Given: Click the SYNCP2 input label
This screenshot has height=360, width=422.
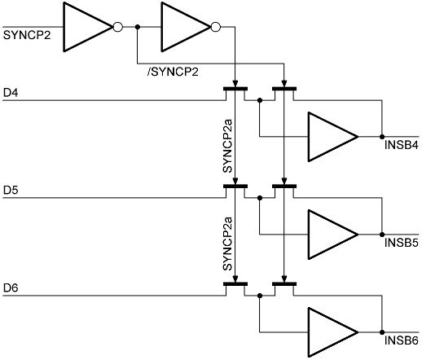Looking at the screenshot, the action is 27,35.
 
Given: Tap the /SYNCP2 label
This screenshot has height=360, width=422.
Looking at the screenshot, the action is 173,72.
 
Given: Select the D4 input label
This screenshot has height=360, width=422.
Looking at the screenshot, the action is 11,93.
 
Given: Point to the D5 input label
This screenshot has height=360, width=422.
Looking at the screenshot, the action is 11,191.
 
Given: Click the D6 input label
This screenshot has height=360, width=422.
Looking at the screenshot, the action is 11,288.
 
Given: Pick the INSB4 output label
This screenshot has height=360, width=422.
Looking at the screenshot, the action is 402,145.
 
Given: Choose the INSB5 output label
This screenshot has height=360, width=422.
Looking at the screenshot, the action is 402,243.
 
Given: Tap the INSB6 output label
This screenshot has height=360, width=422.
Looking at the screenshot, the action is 402,340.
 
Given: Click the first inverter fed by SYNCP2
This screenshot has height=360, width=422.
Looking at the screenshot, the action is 87,27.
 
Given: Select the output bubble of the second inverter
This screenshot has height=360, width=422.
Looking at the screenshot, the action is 216,27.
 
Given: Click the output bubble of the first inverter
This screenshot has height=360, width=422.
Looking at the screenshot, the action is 118,27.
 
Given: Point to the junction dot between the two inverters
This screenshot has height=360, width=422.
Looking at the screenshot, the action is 138,27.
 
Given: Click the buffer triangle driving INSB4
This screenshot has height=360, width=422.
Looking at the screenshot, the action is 332,137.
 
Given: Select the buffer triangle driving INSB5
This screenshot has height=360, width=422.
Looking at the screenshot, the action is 332,235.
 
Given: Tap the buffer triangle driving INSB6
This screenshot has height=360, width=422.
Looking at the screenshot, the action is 332,332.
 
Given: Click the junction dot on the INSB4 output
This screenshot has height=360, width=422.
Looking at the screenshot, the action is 382,137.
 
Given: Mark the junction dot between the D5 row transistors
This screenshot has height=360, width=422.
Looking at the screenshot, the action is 260,198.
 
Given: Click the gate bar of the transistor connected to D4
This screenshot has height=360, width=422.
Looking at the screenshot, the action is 235,89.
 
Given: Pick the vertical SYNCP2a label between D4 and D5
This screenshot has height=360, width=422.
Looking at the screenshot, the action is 227,146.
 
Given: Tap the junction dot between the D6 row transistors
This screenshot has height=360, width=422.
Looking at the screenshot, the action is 260,296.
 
